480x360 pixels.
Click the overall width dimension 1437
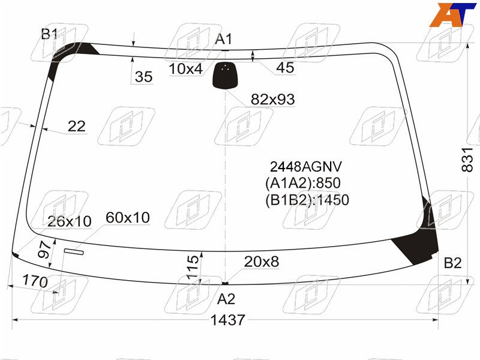(x=228, y=320)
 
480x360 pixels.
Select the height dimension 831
(x=467, y=160)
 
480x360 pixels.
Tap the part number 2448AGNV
(x=305, y=167)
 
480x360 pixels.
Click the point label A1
(x=224, y=39)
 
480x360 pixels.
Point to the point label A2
(x=226, y=299)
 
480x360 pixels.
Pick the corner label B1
(x=49, y=34)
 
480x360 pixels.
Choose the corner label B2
(x=452, y=263)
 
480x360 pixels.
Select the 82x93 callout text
(x=273, y=99)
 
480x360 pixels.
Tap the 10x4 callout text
(x=186, y=69)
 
